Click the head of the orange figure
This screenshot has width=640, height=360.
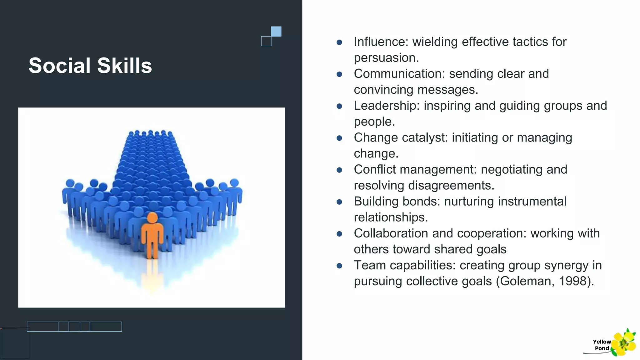coord(152,217)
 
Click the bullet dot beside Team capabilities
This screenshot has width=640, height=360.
coord(339,266)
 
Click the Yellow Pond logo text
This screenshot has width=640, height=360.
coord(602,345)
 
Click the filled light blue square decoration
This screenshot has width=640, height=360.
coord(276,32)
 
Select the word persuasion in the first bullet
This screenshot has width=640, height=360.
coord(386,58)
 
